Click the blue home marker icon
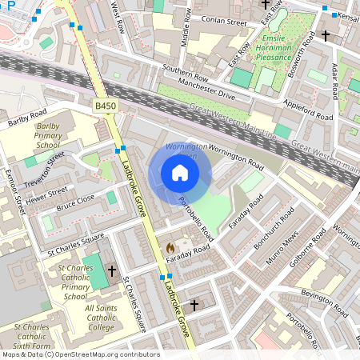click(180, 173)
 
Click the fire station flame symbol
click(170, 249)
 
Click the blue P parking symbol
click(11, 4)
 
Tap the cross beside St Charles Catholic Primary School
click(112, 271)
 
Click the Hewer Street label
click(48, 194)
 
